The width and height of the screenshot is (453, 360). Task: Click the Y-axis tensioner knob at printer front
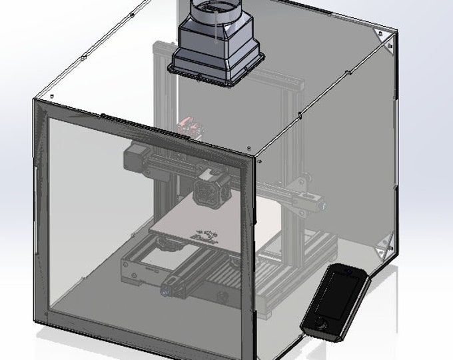point(164,291)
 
